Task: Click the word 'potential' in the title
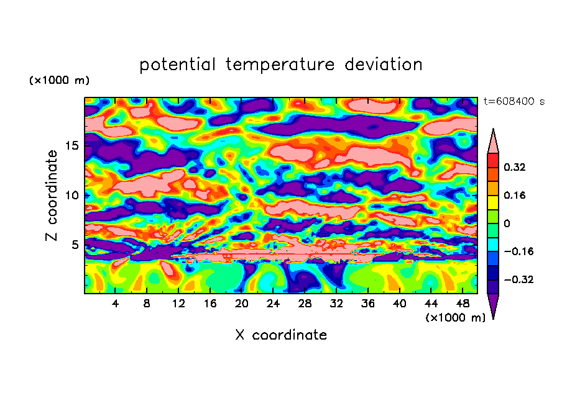[x=177, y=65]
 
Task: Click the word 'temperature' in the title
[x=280, y=65]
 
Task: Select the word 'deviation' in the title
[x=384, y=65]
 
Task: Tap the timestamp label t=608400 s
[x=514, y=102]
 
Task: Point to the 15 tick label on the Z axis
[x=71, y=146]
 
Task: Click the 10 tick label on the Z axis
[x=71, y=196]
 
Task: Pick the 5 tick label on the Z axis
[x=75, y=245]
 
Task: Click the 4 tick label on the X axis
[x=115, y=304]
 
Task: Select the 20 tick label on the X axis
[x=241, y=304]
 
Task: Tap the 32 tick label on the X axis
[x=336, y=304]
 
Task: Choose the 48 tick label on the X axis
[x=463, y=304]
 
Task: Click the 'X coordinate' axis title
[x=281, y=335]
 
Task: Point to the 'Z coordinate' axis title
[x=52, y=196]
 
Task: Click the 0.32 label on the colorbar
[x=514, y=167]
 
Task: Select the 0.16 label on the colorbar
[x=514, y=195]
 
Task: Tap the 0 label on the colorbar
[x=507, y=223]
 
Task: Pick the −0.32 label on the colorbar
[x=518, y=279]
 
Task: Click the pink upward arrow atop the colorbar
[x=493, y=142]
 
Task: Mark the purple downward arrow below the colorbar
[x=493, y=306]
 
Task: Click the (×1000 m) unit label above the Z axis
[x=59, y=80]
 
